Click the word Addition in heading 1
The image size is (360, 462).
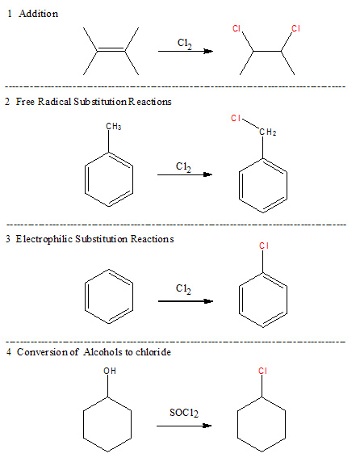point(38,14)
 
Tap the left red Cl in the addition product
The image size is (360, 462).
point(237,28)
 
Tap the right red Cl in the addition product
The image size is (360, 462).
point(295,28)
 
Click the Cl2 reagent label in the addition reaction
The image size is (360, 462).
point(185,44)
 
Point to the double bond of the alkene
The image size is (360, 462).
point(111,49)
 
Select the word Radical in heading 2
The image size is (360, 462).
point(54,102)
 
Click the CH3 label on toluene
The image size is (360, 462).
point(114,126)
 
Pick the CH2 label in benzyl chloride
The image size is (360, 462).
point(268,132)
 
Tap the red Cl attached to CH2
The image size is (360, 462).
point(236,118)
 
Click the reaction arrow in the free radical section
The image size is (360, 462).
point(185,174)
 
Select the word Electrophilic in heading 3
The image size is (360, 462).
point(44,239)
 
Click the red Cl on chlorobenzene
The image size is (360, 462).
point(264,246)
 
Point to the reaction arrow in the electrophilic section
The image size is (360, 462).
point(186,301)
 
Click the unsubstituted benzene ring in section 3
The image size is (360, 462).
point(85,296)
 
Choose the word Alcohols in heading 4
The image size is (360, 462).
point(103,352)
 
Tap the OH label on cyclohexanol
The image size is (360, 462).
point(110,371)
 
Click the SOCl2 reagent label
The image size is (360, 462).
point(184,413)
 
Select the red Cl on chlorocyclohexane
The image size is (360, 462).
point(262,371)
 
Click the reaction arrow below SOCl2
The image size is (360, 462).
point(184,426)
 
